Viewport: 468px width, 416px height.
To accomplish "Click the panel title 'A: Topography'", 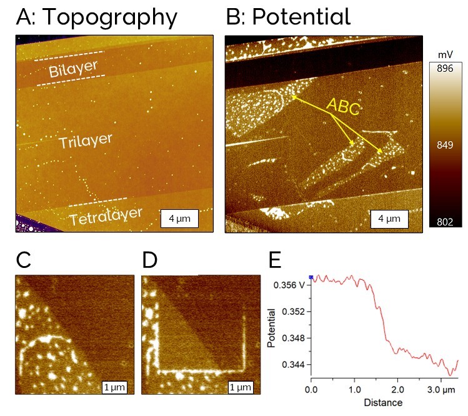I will pyautogui.click(x=96, y=17).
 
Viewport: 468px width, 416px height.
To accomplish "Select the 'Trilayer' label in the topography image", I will pyautogui.click(x=81, y=141).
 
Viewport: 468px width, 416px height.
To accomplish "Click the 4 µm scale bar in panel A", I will pyautogui.click(x=179, y=219).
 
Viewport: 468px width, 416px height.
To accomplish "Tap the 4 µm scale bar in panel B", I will pyautogui.click(x=389, y=219).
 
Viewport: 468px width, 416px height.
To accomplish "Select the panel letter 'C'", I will pyautogui.click(x=24, y=260).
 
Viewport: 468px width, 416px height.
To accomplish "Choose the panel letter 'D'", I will pyautogui.click(x=151, y=260).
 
